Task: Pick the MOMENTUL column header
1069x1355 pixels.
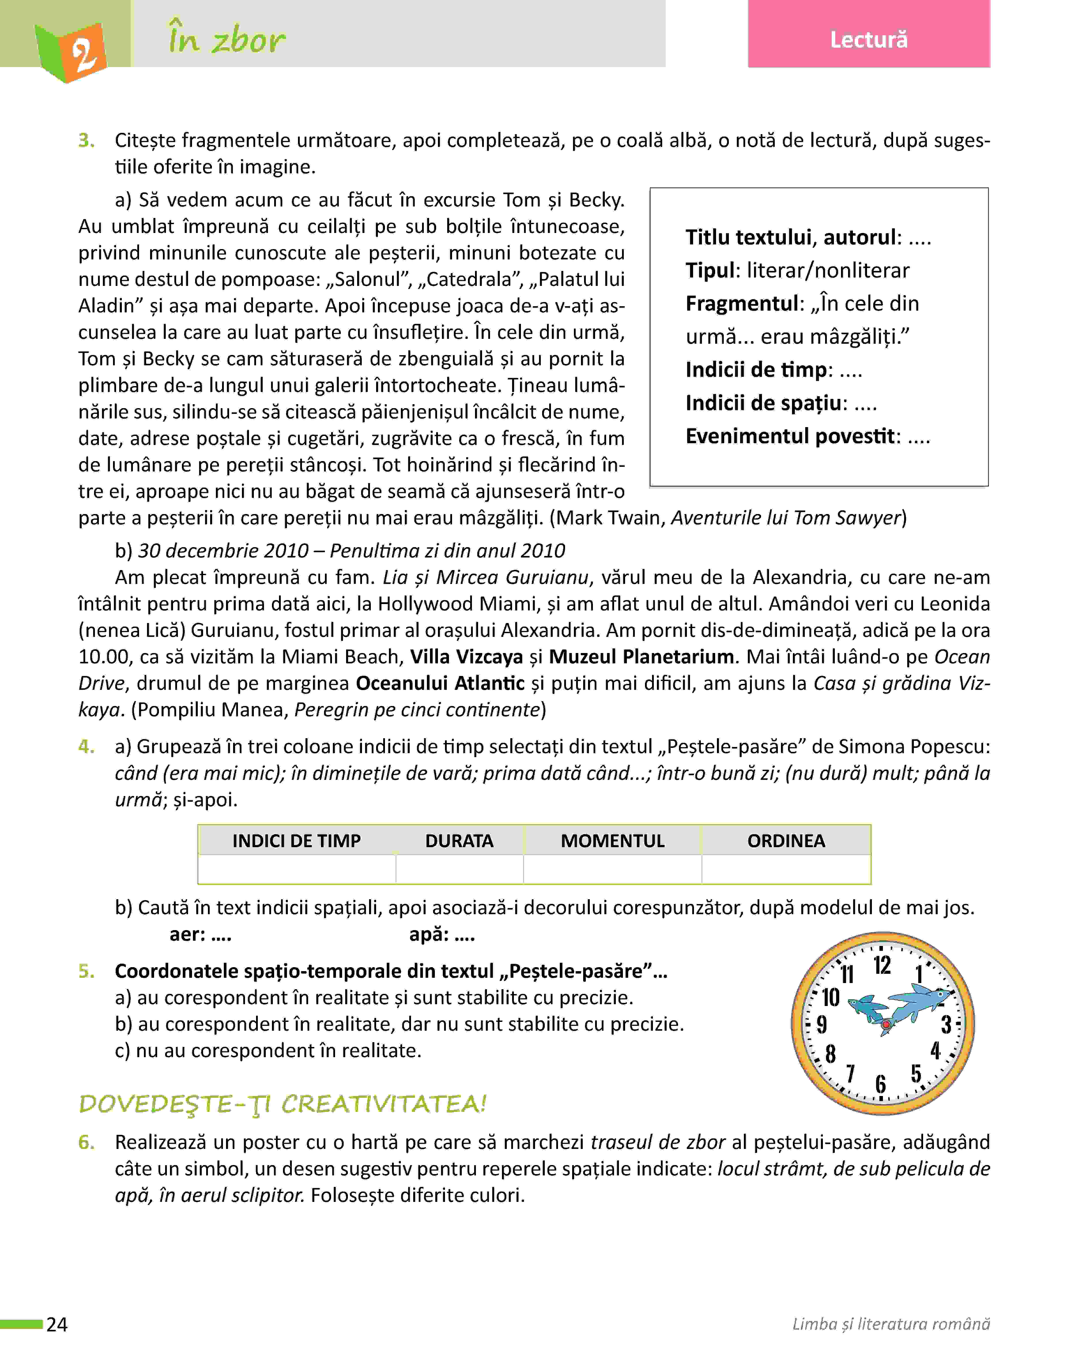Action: [x=612, y=841]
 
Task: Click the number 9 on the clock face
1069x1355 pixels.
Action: [x=822, y=1025]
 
